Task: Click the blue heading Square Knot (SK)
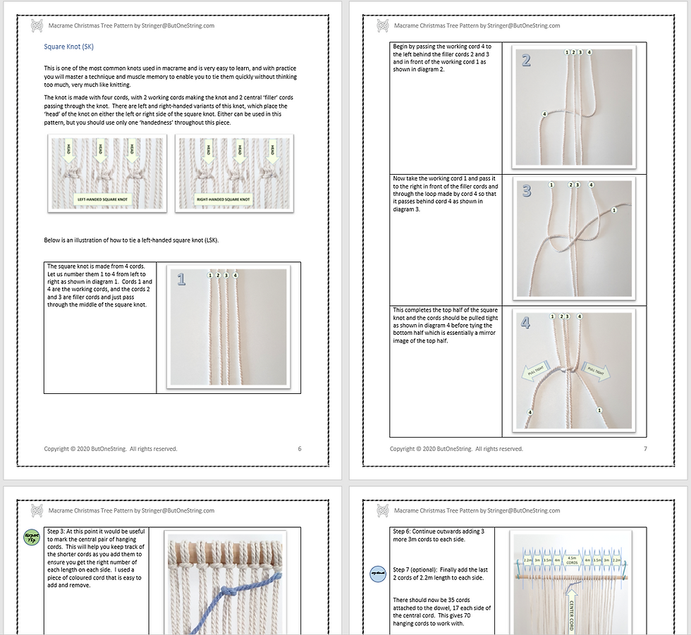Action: (68, 47)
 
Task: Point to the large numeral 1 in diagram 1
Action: (181, 280)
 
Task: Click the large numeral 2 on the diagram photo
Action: (526, 60)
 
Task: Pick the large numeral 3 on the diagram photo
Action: (526, 191)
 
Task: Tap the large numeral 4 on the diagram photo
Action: (526, 323)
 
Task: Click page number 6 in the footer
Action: (300, 449)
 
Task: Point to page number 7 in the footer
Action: (644, 449)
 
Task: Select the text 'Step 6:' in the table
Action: (404, 531)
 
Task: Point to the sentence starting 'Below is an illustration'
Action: (131, 240)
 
